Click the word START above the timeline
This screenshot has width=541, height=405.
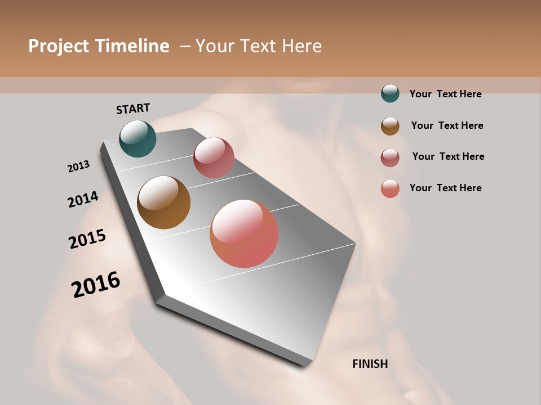tap(133, 109)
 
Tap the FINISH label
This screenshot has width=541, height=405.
tap(370, 364)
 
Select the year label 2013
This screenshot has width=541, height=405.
tap(78, 166)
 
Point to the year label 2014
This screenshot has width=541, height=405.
tap(83, 199)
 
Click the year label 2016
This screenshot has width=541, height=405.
tap(96, 285)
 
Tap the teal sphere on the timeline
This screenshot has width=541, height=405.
tap(138, 138)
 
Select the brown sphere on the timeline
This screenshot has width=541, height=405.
tap(163, 202)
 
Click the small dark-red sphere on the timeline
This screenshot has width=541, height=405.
tap(214, 157)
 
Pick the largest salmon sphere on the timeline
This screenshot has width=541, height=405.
tap(244, 233)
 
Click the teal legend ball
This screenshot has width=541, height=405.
tap(390, 93)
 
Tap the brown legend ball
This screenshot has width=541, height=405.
tap(390, 126)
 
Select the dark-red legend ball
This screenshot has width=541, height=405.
tap(390, 157)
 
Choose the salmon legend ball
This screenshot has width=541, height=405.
tap(390, 188)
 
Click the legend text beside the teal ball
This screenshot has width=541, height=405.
tap(445, 94)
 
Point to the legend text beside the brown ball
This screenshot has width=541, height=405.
tap(447, 125)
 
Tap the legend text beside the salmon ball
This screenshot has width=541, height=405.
tap(445, 188)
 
